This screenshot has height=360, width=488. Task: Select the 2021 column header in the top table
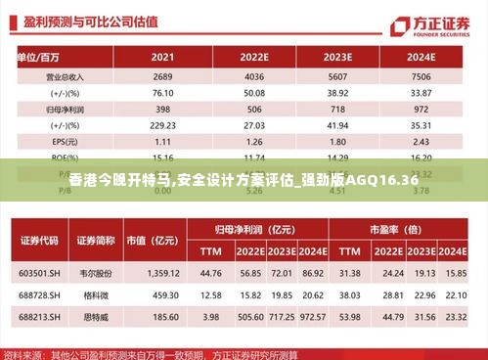pyautogui.click(x=163, y=57)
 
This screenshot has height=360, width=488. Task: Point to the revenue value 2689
pyautogui.click(x=163, y=75)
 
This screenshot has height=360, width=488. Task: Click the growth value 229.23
pyautogui.click(x=163, y=125)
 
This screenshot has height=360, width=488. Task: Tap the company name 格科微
pyautogui.click(x=96, y=293)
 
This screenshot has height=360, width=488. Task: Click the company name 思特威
pyautogui.click(x=96, y=316)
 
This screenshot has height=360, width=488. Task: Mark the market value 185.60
pyautogui.click(x=160, y=316)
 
